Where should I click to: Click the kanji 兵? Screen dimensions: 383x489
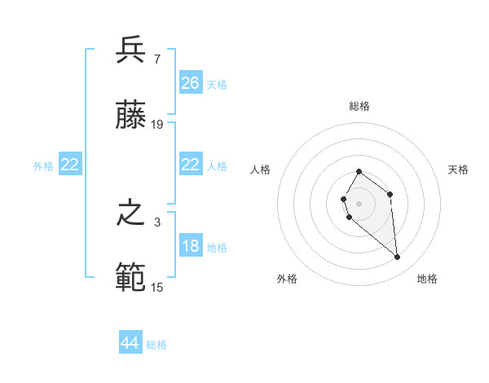click(130, 51)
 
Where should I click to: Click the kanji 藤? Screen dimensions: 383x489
click(130, 115)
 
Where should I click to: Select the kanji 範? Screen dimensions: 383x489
click(130, 278)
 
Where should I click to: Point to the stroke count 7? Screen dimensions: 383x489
click(156, 59)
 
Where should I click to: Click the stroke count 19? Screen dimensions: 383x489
click(157, 124)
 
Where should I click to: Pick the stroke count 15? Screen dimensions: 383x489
click(157, 287)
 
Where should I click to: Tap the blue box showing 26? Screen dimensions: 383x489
click(191, 83)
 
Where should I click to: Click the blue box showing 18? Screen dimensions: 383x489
click(191, 247)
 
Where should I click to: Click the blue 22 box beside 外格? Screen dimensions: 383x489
click(70, 165)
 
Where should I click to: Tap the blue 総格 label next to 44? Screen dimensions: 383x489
click(156, 345)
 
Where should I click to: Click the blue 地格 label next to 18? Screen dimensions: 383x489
click(217, 248)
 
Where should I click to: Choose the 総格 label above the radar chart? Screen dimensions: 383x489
click(359, 106)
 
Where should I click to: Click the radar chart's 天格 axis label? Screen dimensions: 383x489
click(458, 169)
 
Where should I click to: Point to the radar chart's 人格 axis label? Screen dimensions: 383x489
click(261, 169)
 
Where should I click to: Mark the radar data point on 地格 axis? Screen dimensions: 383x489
click(398, 258)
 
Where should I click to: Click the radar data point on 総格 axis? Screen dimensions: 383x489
click(359, 172)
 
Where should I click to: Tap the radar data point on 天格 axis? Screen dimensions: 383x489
click(390, 194)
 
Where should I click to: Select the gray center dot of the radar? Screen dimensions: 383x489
click(359, 202)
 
